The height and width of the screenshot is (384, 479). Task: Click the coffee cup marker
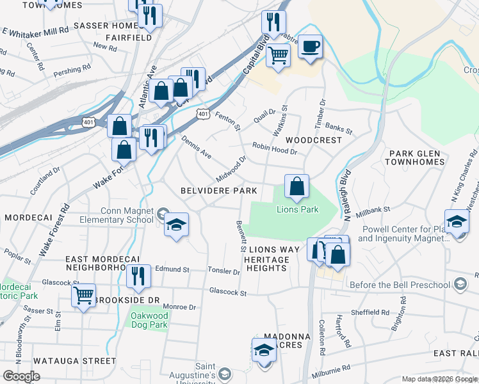310,47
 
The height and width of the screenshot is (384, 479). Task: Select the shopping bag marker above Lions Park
296,187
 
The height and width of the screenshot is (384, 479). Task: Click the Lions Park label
297,209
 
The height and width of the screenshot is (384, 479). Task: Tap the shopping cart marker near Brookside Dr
83,296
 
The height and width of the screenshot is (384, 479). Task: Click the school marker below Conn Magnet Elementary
176,225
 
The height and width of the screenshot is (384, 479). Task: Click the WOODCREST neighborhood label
311,140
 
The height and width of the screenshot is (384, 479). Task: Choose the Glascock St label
228,292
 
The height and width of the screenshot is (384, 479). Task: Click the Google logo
21,376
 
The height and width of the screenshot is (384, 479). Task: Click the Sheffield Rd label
369,312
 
